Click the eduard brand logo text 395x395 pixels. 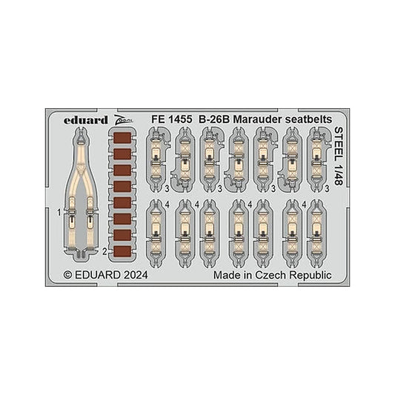pos(86,120)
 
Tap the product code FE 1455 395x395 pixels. pos(171,119)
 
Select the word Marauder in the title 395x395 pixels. pos(258,119)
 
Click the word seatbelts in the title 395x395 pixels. pos(308,119)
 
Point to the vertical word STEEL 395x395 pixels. pos(339,144)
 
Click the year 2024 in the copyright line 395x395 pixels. pos(136,275)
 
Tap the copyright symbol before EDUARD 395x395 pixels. pos(67,275)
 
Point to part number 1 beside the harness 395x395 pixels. pos(59,213)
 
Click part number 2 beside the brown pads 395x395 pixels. pos(105,251)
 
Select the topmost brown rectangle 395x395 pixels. pos(122,139)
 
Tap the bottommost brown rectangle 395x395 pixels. pos(122,251)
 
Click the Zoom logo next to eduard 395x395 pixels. pos(123,120)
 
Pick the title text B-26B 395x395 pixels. pos(214,119)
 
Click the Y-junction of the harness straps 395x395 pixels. pos(81,167)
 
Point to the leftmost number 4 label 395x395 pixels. pos(167,205)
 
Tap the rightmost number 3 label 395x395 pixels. pos(327,188)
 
